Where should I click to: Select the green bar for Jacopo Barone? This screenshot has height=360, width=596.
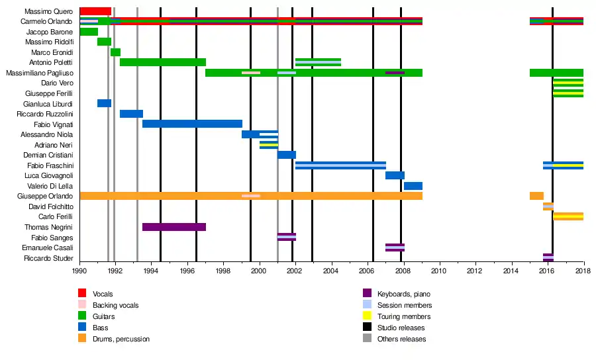pos(89,32)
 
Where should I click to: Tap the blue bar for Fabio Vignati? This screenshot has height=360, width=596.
pos(192,124)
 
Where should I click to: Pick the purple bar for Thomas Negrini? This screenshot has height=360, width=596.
pos(174,227)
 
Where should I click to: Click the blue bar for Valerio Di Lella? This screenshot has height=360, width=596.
pos(413,186)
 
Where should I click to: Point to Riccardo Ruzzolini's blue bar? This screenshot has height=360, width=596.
pos(131,114)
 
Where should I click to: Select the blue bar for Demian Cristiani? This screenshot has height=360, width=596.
pos(287,155)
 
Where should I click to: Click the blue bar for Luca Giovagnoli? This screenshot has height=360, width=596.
pos(395,175)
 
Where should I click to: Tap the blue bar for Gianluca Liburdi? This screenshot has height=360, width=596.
pos(104,103)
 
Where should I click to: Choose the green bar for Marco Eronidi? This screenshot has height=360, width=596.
pos(115,52)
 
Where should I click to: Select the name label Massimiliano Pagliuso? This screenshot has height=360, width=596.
pos(40,73)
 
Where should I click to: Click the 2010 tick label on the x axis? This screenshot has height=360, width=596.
pos(439,271)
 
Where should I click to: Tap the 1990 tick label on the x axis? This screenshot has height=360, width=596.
pos(79,271)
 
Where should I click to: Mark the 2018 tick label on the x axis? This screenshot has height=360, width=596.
pos(583,271)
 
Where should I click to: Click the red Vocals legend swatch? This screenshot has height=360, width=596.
pos(82,293)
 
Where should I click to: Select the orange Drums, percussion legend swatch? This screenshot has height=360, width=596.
pos(82,339)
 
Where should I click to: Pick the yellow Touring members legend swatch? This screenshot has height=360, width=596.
pos(367,316)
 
